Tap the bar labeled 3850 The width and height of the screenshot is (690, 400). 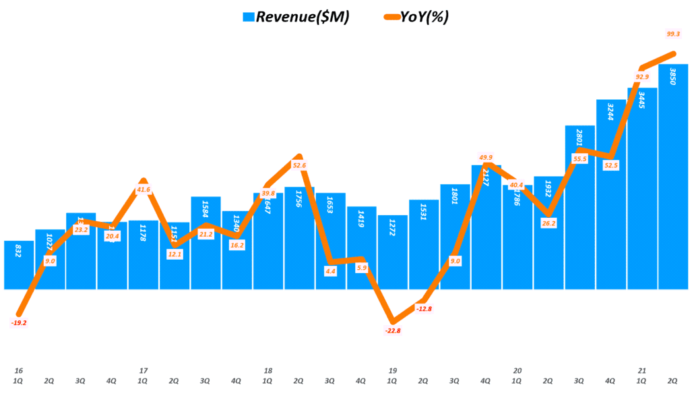tap(673, 175)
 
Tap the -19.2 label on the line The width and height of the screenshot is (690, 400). tap(19, 323)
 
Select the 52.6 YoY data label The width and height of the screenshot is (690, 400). tap(299, 165)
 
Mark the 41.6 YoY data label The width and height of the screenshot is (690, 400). tap(144, 190)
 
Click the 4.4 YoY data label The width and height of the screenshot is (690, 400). tap(330, 270)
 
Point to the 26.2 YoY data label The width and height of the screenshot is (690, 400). tap(548, 223)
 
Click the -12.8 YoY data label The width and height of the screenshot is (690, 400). tap(424, 309)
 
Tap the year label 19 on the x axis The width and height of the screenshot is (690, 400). tap(392, 370)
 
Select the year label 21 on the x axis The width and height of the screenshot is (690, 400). tap(641, 370)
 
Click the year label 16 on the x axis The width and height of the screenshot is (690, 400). tap(19, 370)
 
